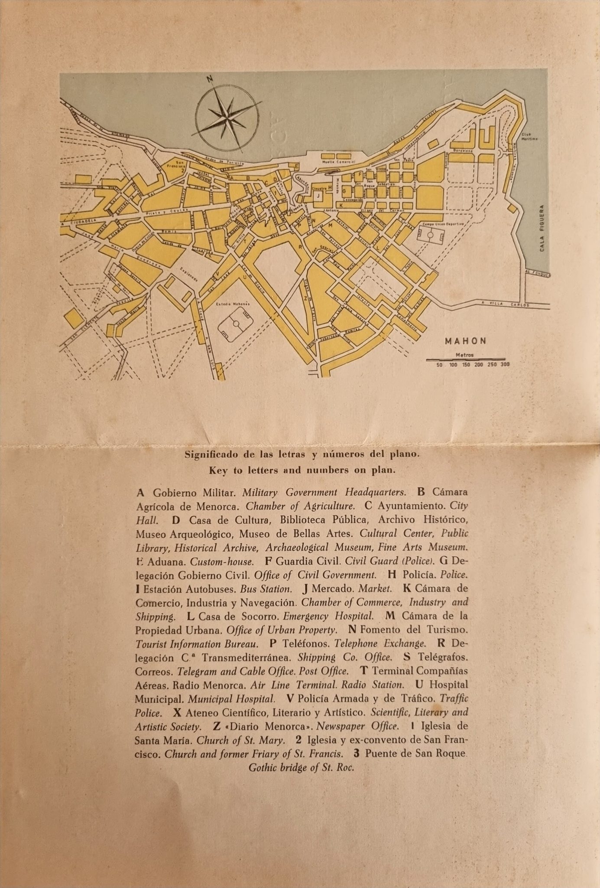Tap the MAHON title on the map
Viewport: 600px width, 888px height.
[466, 341]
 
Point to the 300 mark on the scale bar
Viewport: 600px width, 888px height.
[505, 365]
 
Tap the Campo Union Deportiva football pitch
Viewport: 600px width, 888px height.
[431, 235]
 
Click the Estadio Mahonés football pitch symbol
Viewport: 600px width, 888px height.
[236, 323]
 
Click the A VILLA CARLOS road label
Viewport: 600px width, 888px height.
[506, 304]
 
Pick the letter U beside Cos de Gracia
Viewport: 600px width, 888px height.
[245, 276]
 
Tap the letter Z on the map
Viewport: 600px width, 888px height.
[306, 298]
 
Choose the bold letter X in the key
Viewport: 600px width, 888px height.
[176, 712]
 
